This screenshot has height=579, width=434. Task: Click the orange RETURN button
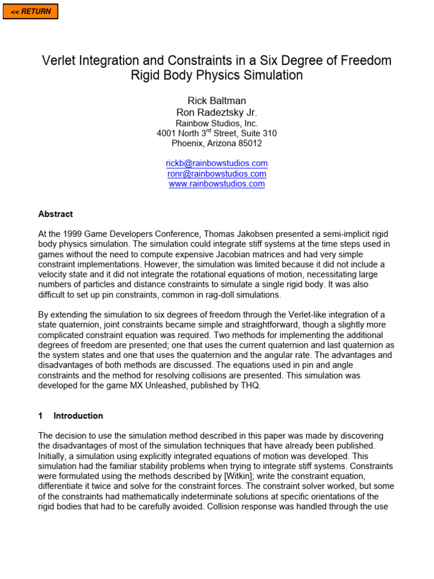31,11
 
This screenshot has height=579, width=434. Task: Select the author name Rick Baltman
216,101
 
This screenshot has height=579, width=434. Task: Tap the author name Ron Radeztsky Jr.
216,113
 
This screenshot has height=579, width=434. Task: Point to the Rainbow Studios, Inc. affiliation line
216,123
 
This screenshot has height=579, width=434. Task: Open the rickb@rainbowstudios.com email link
216,163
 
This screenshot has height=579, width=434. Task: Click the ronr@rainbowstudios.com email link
216,174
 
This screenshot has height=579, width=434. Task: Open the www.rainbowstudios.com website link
216,184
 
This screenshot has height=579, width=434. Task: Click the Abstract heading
55,214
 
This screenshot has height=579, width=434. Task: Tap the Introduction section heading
78,416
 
